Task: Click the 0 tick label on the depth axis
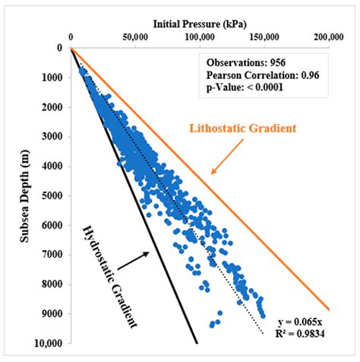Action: (x=61, y=48)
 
